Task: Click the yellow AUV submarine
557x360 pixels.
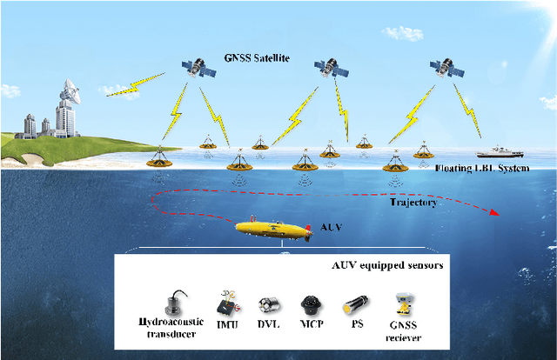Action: (x=274, y=230)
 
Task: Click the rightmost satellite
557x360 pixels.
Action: (x=446, y=67)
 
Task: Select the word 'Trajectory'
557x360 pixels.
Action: (x=413, y=202)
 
